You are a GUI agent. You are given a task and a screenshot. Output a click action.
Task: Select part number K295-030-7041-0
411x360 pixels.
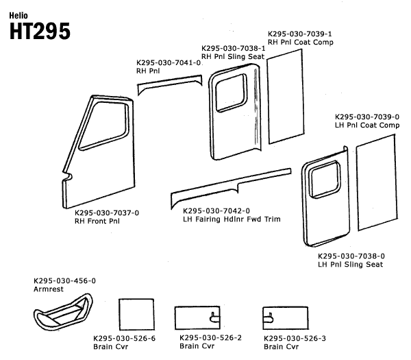[x=169, y=62]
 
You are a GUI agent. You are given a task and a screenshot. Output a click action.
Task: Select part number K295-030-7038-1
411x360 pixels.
[x=234, y=48]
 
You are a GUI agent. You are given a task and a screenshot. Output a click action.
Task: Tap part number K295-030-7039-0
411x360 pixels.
[x=366, y=117]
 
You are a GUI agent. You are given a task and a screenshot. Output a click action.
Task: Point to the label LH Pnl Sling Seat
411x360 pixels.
[x=351, y=264]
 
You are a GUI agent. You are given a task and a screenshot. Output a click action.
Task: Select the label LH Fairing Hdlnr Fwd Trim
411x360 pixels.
[x=233, y=219]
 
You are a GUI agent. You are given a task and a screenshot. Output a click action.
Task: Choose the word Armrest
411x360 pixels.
[x=48, y=289]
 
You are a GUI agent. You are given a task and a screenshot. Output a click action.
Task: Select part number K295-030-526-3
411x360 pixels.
[x=296, y=338]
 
